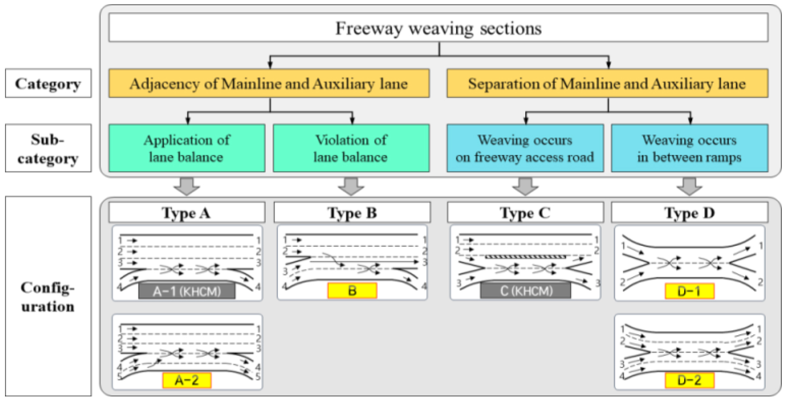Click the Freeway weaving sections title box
click(x=438, y=28)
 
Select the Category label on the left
click(x=48, y=84)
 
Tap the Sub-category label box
click(x=48, y=148)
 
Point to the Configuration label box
click(x=48, y=297)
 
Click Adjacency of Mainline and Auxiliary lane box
click(x=268, y=84)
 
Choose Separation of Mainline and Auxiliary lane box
click(x=607, y=84)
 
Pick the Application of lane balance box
click(x=186, y=148)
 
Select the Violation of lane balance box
click(x=351, y=148)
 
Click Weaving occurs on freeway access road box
click(x=525, y=148)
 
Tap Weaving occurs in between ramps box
click(x=689, y=148)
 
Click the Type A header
click(x=186, y=212)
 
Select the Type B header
click(x=351, y=212)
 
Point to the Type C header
click(x=525, y=212)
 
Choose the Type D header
click(x=689, y=212)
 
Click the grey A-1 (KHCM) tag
click(x=186, y=291)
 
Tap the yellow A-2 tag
click(x=186, y=380)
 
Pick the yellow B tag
click(x=351, y=291)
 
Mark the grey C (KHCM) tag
click(x=525, y=291)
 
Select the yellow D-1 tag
click(x=689, y=291)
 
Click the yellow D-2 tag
click(x=689, y=380)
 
